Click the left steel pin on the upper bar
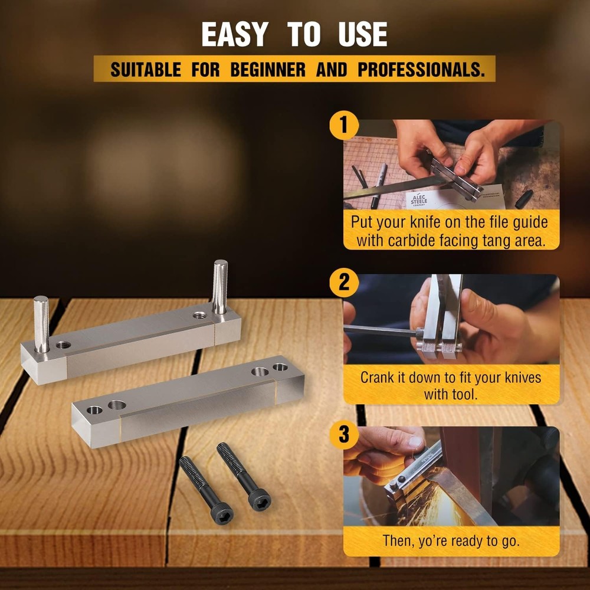pos(41,323)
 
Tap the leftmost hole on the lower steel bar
pos(94,409)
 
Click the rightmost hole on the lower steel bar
pos(280,368)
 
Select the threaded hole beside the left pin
pos(63,344)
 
